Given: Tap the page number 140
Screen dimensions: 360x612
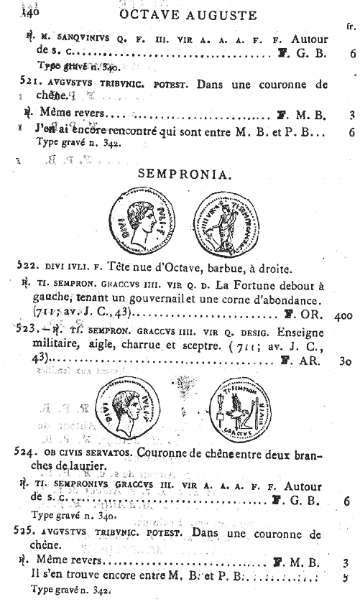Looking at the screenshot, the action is [x=34, y=12].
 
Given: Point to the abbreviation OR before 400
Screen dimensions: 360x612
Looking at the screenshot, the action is [x=309, y=314].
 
